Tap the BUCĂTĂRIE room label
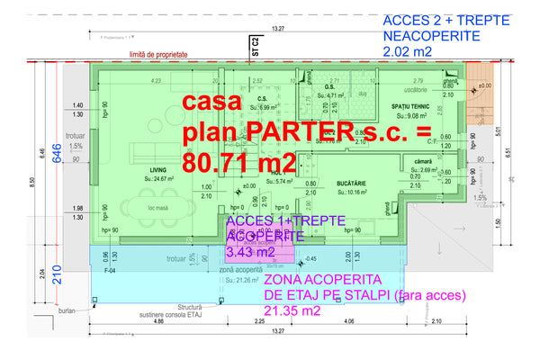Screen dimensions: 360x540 (x=355, y=183)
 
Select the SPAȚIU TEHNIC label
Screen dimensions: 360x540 (x=409, y=105)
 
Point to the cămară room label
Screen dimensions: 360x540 (x=424, y=160)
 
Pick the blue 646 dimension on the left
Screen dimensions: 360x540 (x=56, y=155)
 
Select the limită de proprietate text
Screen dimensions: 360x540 (x=158, y=55)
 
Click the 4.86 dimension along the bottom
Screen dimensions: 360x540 (x=157, y=321)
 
